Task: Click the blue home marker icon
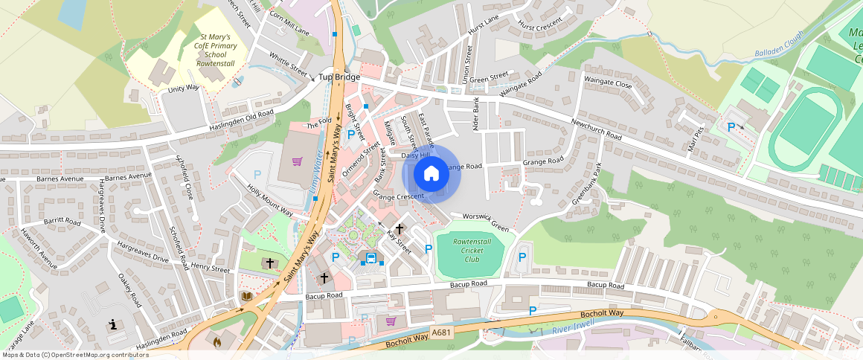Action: [431, 174]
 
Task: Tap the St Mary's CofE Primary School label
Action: [215, 50]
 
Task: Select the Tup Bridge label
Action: [339, 77]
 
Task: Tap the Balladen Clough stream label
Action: [779, 45]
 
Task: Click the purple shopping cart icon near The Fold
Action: [298, 161]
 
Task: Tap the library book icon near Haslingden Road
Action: [247, 296]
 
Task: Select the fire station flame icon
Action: [216, 343]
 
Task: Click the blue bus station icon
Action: [371, 258]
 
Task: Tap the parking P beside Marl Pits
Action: [731, 127]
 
